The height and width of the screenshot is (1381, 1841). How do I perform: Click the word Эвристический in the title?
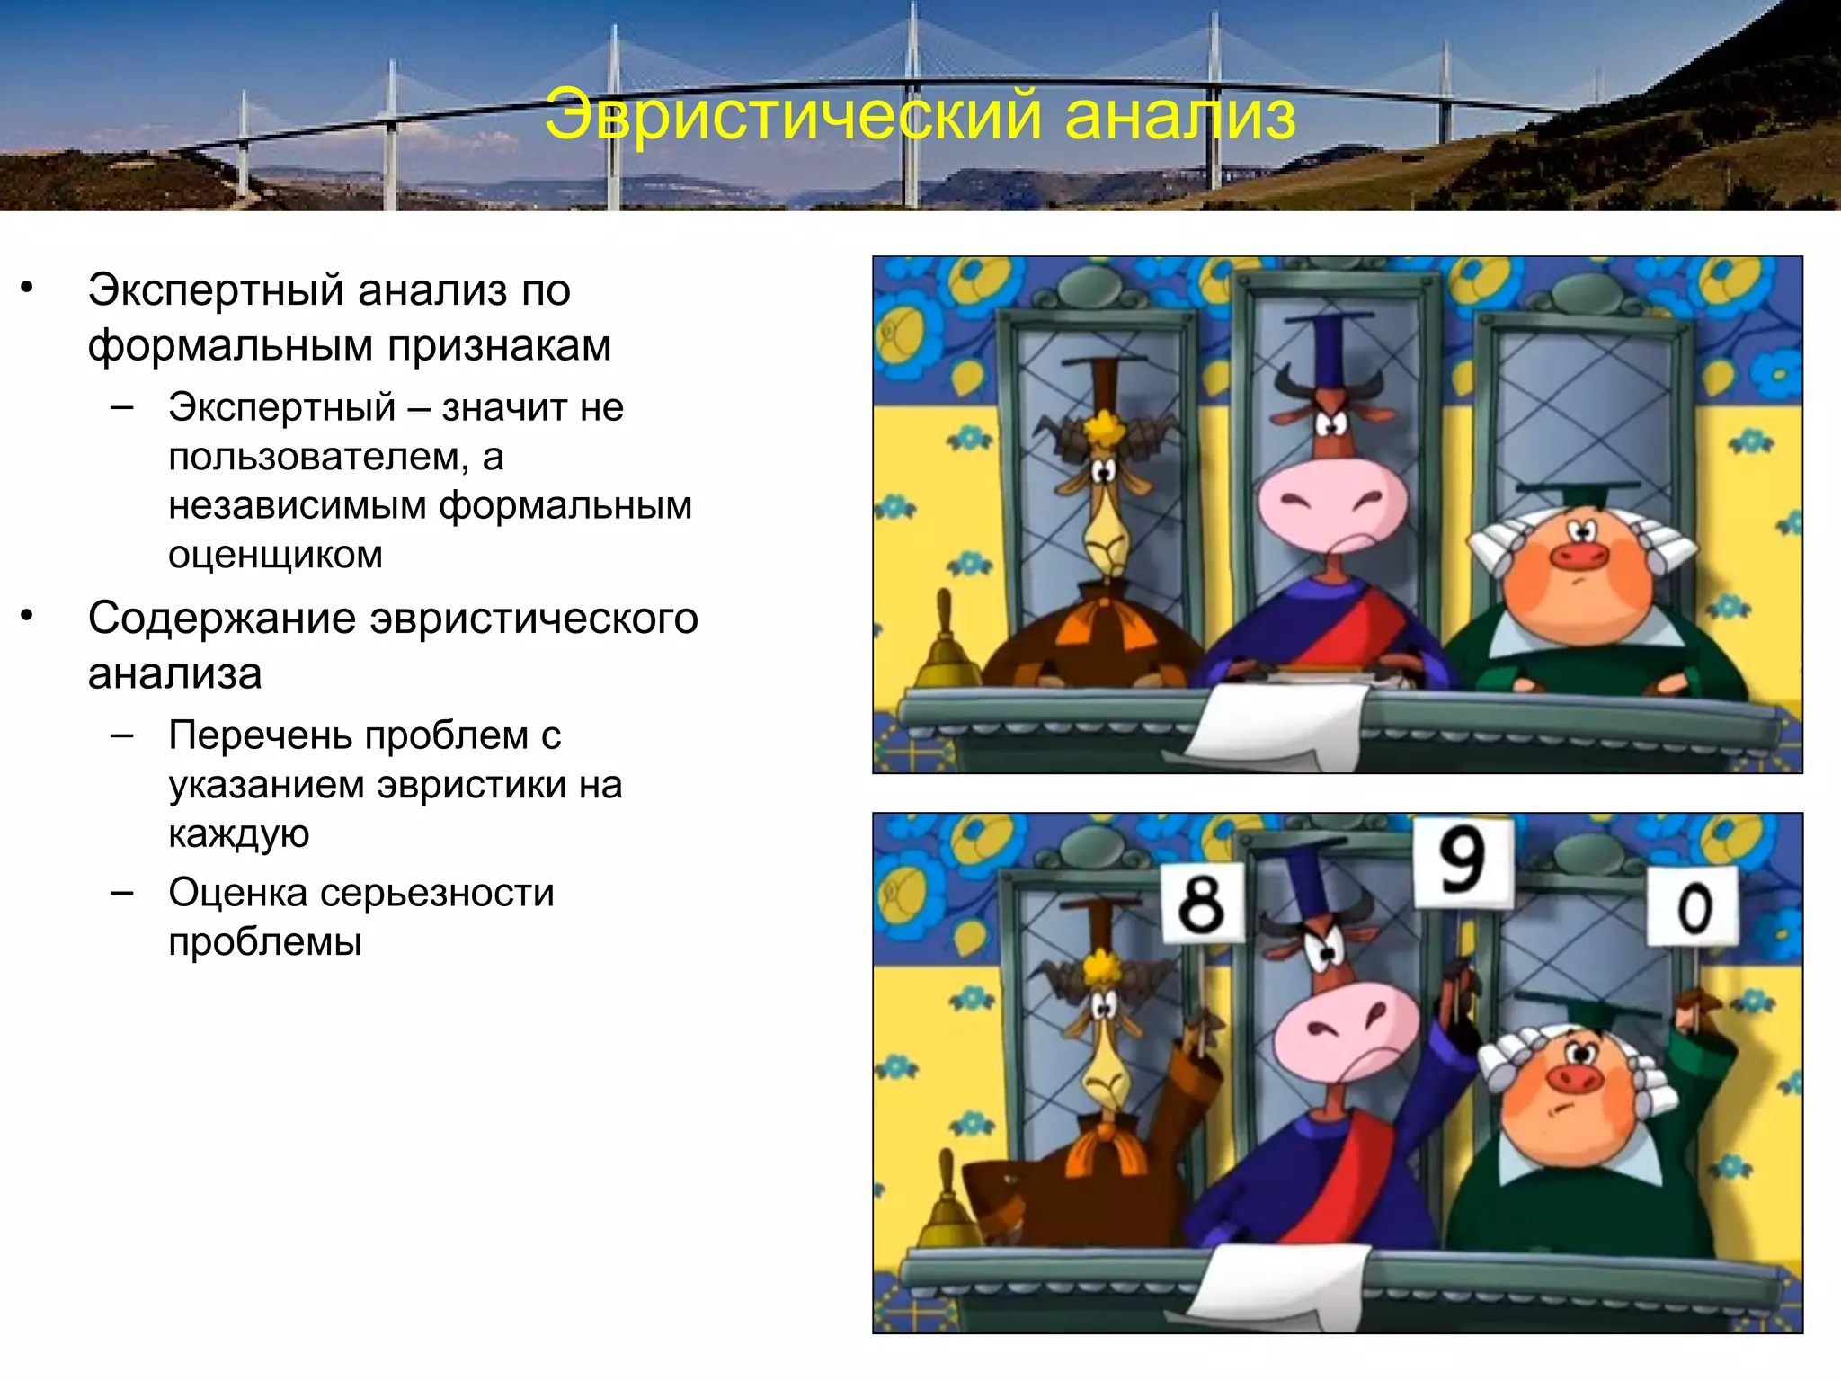[793, 116]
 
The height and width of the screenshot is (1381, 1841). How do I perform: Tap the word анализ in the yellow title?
[1179, 116]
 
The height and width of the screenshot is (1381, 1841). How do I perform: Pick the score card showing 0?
[1694, 906]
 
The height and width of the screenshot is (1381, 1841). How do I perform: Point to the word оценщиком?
[275, 555]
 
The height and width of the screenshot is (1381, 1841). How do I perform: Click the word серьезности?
[437, 893]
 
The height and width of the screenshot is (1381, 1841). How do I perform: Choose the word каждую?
[238, 834]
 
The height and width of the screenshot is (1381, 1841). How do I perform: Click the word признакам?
[500, 345]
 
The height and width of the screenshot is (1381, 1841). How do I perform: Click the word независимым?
[297, 506]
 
